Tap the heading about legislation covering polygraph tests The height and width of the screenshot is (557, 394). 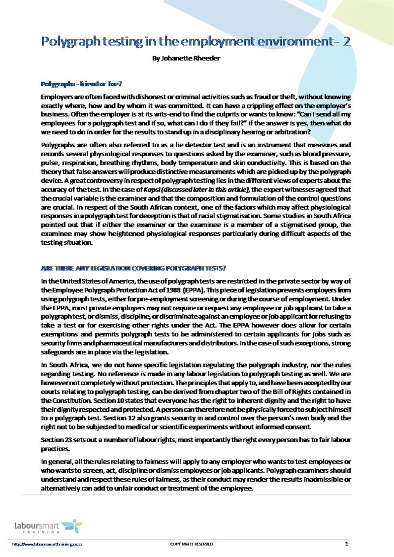133,268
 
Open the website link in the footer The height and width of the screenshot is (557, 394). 47,544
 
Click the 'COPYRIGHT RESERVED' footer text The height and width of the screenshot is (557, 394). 192,544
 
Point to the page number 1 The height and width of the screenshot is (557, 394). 347,544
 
